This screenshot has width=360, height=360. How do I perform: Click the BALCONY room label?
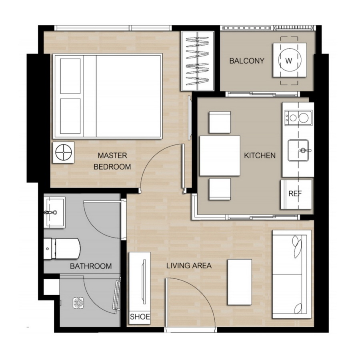coord(246,61)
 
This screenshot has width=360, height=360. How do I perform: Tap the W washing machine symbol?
coord(290,60)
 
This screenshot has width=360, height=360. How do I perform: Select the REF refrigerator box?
coord(296,194)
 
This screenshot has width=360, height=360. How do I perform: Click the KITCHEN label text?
coord(260,156)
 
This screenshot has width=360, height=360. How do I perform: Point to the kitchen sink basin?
coord(298,150)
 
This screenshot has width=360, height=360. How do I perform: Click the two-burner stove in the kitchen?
coord(298,118)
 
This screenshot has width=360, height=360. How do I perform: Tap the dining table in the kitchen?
coord(220,156)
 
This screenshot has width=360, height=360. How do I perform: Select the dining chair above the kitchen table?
coord(220,122)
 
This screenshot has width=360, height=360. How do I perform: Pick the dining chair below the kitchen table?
coord(220,189)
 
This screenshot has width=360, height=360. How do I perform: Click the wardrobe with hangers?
coord(198,61)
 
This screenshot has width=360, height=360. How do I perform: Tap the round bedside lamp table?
coord(63,152)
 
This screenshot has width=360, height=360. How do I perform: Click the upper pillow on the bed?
coord(70,76)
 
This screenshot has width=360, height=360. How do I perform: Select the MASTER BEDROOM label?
coord(112,161)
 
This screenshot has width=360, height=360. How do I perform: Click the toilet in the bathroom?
coord(62,249)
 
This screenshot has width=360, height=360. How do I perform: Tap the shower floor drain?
coord(78,303)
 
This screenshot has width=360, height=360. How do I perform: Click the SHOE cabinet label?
coord(140,317)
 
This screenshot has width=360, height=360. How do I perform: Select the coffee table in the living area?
coord(240,282)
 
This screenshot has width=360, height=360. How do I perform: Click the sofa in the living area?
coord(292,274)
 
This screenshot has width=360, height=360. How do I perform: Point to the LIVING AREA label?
coord(189,266)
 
